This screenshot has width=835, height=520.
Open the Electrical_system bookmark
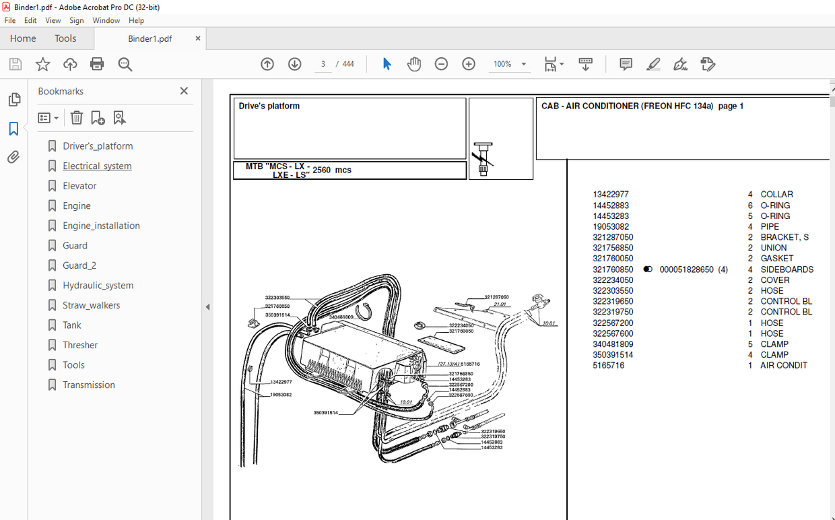click(x=97, y=166)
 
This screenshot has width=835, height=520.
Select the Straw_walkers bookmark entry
click(x=91, y=305)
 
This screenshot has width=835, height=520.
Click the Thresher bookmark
click(x=80, y=345)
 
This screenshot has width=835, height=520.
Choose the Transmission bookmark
click(x=89, y=385)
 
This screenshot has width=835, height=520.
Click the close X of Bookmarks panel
click(x=184, y=91)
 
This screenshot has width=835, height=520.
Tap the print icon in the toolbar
click(x=97, y=64)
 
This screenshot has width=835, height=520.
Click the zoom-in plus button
click(x=469, y=64)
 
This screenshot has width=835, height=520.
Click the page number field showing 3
click(x=323, y=64)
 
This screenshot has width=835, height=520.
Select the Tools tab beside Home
click(x=65, y=38)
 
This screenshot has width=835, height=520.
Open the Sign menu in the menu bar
click(x=77, y=20)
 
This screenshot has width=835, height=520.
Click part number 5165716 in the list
click(x=608, y=365)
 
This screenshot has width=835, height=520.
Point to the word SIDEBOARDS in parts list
click(x=787, y=269)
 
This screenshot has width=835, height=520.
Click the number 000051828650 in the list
click(x=686, y=269)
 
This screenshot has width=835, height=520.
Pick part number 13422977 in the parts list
click(x=611, y=194)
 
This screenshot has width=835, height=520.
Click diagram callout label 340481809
click(x=341, y=317)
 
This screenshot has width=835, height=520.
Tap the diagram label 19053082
click(x=281, y=395)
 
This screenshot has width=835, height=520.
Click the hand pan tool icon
click(x=413, y=64)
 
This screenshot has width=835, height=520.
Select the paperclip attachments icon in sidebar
click(x=13, y=157)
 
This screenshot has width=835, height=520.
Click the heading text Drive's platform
click(x=269, y=106)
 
